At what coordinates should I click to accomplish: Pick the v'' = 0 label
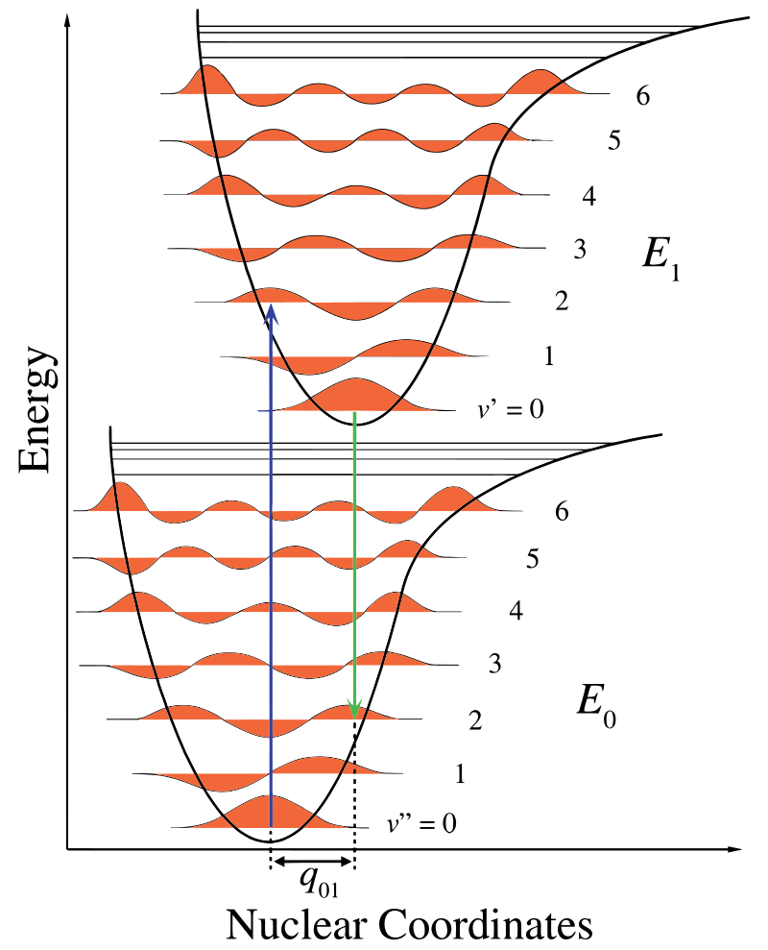pyautogui.click(x=420, y=823)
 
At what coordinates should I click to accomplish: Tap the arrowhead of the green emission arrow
pyautogui.click(x=355, y=710)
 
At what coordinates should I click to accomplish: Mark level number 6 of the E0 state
pyautogui.click(x=563, y=511)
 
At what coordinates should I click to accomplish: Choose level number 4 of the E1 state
pyautogui.click(x=589, y=197)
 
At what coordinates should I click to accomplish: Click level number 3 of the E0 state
pyautogui.click(x=495, y=662)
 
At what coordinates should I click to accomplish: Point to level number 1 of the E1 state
pyautogui.click(x=548, y=356)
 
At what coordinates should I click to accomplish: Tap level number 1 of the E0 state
pyautogui.click(x=460, y=772)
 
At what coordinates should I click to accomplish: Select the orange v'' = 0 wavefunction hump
pyautogui.click(x=271, y=812)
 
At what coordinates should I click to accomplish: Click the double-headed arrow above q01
pyautogui.click(x=313, y=863)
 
